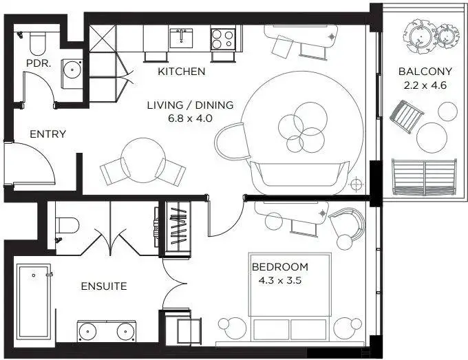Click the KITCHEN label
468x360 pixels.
tap(182, 72)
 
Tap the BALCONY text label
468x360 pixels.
tap(425, 72)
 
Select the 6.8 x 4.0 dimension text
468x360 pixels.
tap(190, 118)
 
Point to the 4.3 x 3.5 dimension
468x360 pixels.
tap(280, 281)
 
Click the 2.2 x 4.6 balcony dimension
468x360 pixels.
tap(425, 85)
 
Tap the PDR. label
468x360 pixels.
tap(39, 63)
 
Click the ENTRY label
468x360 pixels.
tap(47, 134)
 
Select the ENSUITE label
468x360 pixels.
tap(104, 286)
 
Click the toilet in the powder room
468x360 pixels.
tap(38, 43)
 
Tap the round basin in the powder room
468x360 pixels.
tap(72, 70)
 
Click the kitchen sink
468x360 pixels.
tap(181, 38)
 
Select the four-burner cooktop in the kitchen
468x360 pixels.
tap(223, 39)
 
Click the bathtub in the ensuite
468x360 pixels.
tap(34, 301)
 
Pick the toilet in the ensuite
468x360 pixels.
tap(67, 225)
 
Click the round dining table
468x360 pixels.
tap(143, 160)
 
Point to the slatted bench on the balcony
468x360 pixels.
tap(424, 176)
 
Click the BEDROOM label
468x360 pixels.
tap(280, 267)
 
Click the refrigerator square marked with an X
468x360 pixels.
tap(103, 39)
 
